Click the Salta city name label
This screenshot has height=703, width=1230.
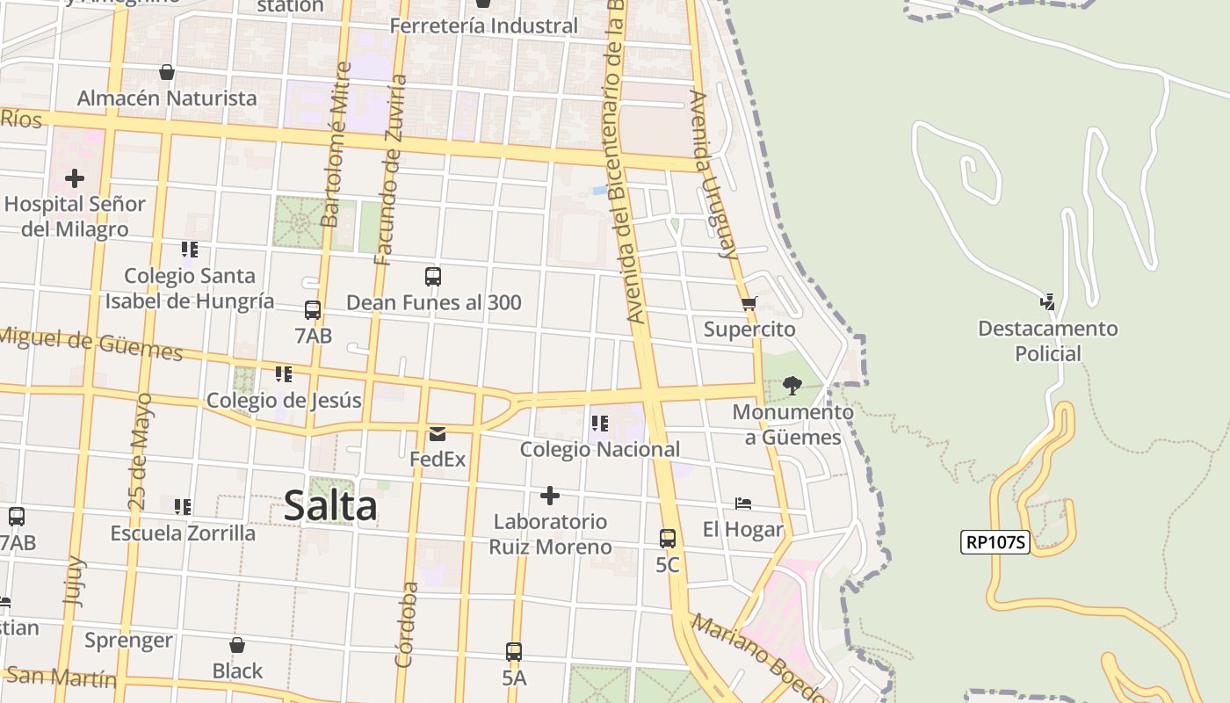[330, 506]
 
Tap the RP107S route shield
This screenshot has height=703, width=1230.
[996, 542]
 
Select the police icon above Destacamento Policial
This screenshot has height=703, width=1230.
[1047, 302]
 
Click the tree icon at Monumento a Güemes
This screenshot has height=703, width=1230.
[792, 385]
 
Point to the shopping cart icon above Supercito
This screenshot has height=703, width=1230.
[749, 304]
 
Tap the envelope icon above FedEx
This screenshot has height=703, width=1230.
[438, 433]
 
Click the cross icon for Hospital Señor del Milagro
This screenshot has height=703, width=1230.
[75, 178]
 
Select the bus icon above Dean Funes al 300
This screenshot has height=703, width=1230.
[433, 277]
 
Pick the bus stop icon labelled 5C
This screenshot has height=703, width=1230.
[668, 539]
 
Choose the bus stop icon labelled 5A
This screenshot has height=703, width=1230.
[514, 652]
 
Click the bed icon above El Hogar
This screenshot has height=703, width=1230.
[743, 504]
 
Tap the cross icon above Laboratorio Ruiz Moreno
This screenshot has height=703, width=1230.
[550, 496]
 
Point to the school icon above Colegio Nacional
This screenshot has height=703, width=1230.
[600, 424]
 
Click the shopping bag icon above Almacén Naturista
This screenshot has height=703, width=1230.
[167, 72]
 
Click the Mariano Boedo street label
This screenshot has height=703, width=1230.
[759, 659]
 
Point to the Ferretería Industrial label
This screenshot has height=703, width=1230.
[483, 26]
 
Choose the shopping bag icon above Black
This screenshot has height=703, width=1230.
[236, 645]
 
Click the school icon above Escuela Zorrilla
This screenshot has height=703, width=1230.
[183, 507]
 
